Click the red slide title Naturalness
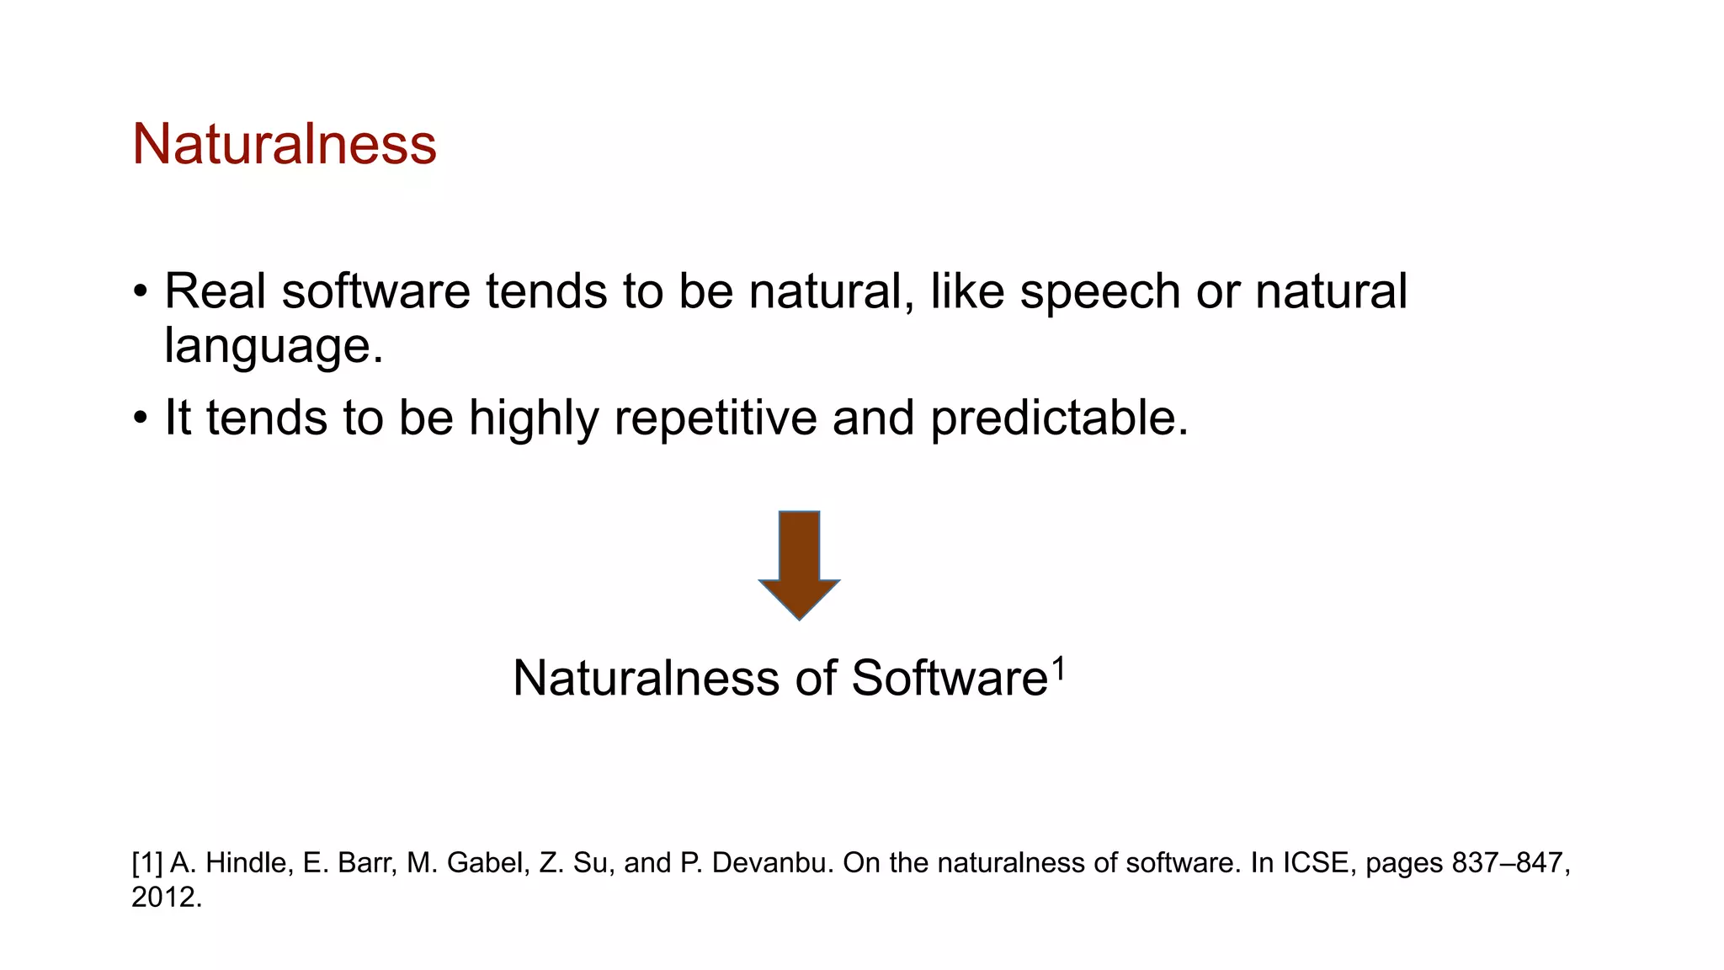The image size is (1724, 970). tap(284, 144)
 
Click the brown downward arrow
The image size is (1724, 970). tap(799, 564)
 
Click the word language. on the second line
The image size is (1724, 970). tap(274, 347)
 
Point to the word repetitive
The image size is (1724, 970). tap(716, 418)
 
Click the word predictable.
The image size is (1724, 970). tap(1059, 418)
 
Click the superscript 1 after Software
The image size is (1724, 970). tap(1059, 669)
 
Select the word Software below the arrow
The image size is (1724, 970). tap(949, 679)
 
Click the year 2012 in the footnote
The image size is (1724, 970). tap(165, 898)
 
